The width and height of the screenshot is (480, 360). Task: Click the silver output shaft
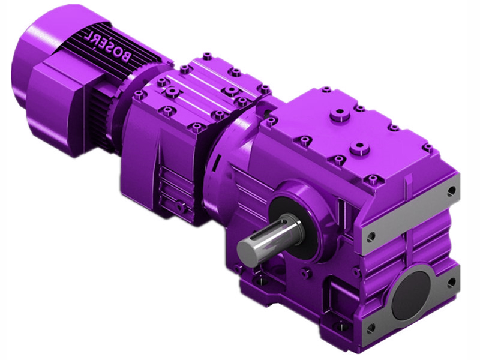(x=270, y=236)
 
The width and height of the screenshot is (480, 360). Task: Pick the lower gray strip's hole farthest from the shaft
(x=449, y=280)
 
